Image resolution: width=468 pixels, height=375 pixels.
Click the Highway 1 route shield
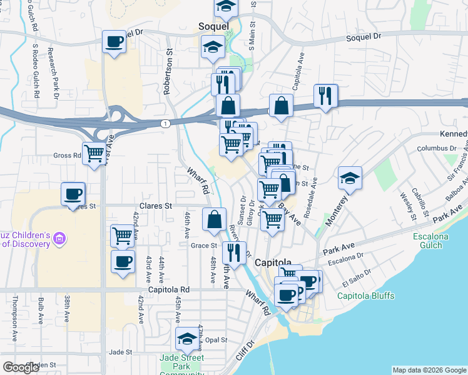point(165,124)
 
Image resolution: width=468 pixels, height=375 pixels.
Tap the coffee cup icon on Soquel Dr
point(114,42)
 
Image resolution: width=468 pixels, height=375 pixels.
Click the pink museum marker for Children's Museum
point(60,238)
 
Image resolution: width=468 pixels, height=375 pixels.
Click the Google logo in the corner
point(21,367)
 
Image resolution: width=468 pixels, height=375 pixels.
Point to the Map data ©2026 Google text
point(429,370)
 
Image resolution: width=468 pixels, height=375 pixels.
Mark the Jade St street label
point(120,352)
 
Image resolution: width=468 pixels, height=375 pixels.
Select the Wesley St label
point(405,201)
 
